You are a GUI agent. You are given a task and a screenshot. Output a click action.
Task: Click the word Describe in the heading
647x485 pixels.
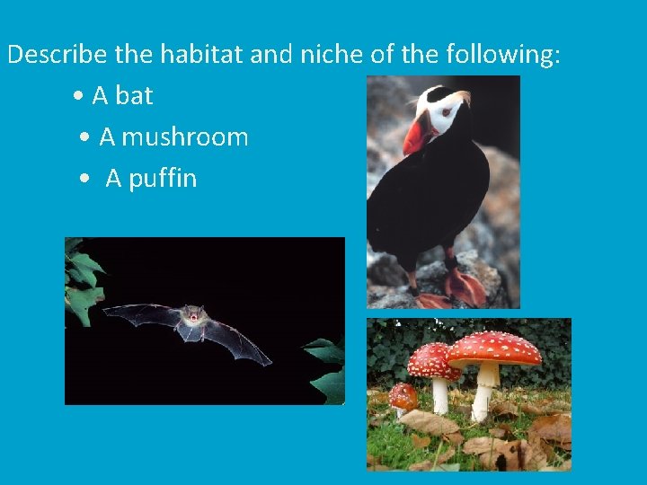click(58, 56)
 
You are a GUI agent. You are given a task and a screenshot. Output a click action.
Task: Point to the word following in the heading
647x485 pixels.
click(502, 56)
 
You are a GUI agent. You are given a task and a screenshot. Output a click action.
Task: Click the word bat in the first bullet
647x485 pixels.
click(134, 96)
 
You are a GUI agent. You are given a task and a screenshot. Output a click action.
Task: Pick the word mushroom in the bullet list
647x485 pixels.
click(185, 137)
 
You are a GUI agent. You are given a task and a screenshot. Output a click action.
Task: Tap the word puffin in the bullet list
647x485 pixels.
click(163, 179)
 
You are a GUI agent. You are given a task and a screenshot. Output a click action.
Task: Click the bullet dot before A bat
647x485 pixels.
click(80, 97)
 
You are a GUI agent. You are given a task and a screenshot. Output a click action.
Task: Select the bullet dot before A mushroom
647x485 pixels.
click(84, 138)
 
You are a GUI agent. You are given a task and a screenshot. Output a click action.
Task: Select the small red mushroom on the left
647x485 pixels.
click(403, 395)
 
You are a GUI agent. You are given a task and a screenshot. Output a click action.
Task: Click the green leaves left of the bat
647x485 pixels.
click(84, 278)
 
